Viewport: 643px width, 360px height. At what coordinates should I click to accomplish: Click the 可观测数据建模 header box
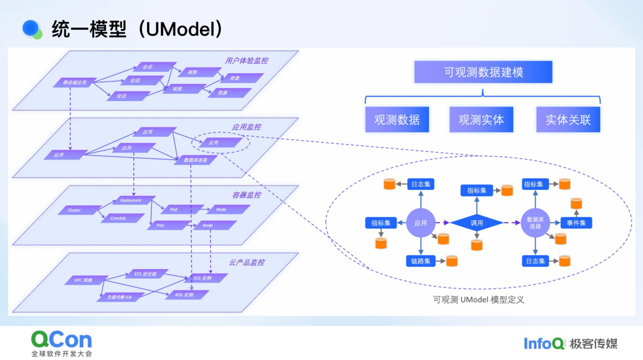tap(483, 73)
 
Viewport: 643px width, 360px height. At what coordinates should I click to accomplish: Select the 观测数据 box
tap(397, 119)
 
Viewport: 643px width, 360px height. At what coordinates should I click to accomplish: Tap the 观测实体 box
tap(481, 119)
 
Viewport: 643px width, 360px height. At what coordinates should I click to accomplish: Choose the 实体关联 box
tap(568, 119)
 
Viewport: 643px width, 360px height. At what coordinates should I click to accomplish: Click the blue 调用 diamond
tap(476, 223)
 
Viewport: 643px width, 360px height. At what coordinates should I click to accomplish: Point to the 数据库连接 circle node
tap(534, 223)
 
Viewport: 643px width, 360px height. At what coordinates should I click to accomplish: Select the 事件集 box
tap(576, 223)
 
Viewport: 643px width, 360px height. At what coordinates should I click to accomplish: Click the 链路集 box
tap(420, 261)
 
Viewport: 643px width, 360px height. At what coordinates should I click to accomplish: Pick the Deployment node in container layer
tap(131, 201)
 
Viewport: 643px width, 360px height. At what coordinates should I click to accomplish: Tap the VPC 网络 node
tap(82, 280)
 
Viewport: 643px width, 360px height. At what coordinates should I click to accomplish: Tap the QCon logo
tap(62, 340)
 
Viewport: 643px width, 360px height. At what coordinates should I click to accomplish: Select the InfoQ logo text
tap(543, 343)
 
